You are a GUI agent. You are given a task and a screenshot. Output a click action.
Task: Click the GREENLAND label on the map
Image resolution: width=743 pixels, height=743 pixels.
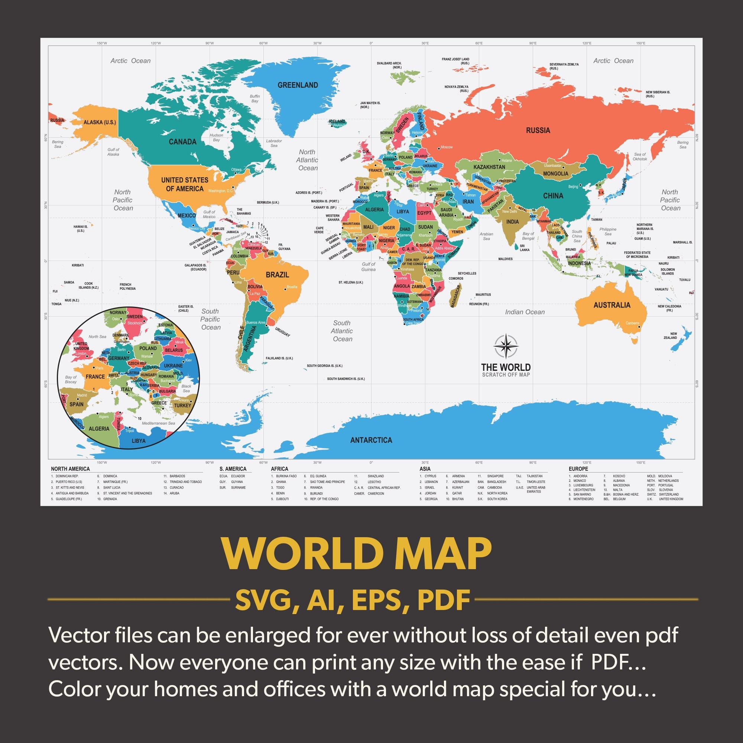pyautogui.click(x=298, y=85)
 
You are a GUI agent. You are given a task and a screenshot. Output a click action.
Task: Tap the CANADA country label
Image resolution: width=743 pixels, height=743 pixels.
pyautogui.click(x=183, y=142)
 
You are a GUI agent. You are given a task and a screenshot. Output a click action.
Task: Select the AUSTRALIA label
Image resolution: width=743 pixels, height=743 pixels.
pyautogui.click(x=612, y=305)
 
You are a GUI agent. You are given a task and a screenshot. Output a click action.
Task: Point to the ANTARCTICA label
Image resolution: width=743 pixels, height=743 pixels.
pyautogui.click(x=371, y=440)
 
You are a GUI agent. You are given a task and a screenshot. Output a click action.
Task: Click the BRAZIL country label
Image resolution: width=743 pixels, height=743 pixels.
pyautogui.click(x=277, y=275)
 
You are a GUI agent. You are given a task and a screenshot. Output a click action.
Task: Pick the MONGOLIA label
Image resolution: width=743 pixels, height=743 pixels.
pyautogui.click(x=555, y=173)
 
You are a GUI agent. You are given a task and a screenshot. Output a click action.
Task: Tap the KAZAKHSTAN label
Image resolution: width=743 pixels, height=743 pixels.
pyautogui.click(x=489, y=167)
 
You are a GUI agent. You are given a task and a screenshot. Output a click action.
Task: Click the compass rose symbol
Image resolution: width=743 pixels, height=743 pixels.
pyautogui.click(x=506, y=346)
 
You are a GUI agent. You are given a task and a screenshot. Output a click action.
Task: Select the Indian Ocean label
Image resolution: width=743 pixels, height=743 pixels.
pyautogui.click(x=525, y=312)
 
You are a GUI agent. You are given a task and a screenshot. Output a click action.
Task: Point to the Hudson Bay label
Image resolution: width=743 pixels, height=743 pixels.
pyautogui.click(x=216, y=137)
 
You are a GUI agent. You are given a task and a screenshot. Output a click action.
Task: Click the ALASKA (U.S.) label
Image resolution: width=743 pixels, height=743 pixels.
pyautogui.click(x=100, y=122)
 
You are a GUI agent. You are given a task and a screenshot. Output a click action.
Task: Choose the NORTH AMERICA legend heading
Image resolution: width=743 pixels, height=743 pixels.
pyautogui.click(x=70, y=469)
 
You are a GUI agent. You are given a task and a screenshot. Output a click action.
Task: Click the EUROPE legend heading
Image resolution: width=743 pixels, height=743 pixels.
pyautogui.click(x=578, y=469)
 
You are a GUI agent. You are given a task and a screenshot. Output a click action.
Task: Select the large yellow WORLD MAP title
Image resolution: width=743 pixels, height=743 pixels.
pyautogui.click(x=357, y=554)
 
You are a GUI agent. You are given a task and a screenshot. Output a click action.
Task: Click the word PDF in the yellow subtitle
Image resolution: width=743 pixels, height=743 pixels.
pyautogui.click(x=444, y=600)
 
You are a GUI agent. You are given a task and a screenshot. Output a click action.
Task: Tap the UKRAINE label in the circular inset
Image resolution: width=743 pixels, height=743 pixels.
pyautogui.click(x=173, y=365)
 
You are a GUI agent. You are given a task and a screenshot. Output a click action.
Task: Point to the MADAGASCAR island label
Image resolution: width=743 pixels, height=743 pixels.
pyautogui.click(x=456, y=295)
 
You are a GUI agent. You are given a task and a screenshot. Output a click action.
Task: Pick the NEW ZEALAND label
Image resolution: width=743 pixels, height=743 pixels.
pyautogui.click(x=670, y=336)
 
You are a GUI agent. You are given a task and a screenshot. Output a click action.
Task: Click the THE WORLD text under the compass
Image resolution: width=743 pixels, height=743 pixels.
pyautogui.click(x=506, y=367)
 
